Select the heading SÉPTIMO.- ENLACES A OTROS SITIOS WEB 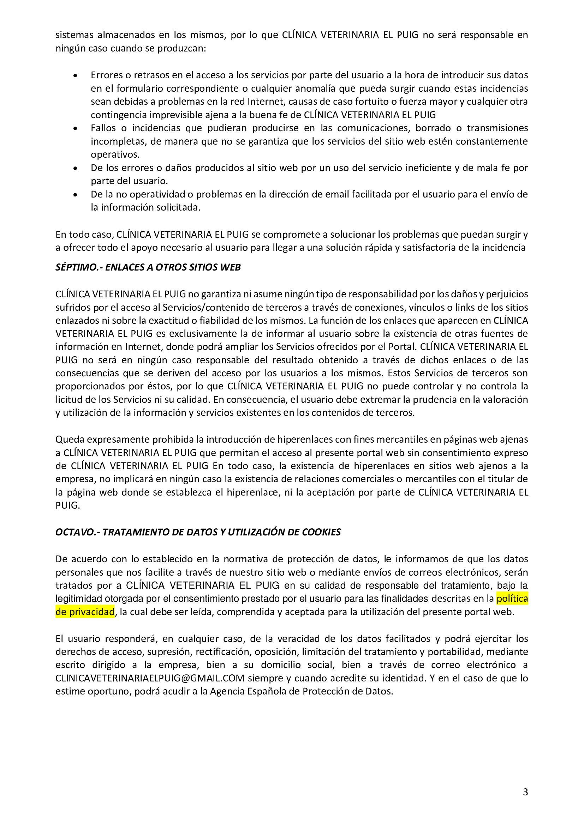pyautogui.click(x=148, y=268)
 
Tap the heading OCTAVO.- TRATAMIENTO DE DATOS pyautogui.click(x=198, y=532)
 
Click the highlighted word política pyautogui.click(x=512, y=599)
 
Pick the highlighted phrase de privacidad pyautogui.click(x=85, y=612)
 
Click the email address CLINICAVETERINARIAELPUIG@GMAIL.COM pyautogui.click(x=150, y=678)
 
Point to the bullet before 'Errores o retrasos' pyautogui.click(x=75, y=76)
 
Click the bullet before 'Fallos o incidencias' pyautogui.click(x=75, y=129)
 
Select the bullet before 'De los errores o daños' pyautogui.click(x=75, y=168)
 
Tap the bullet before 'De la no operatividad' pyautogui.click(x=75, y=195)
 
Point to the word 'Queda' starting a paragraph pyautogui.click(x=70, y=439)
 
